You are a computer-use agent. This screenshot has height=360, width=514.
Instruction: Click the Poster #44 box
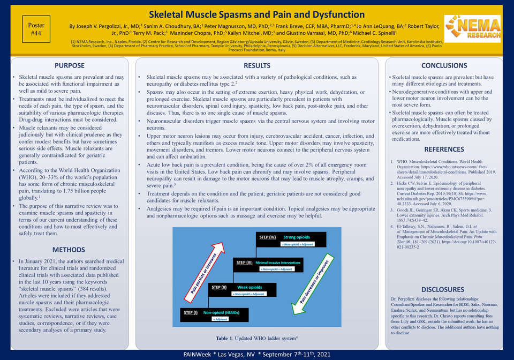tap(37, 29)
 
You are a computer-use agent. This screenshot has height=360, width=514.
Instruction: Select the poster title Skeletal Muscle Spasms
tap(256, 14)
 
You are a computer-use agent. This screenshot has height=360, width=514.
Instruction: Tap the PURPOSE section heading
tap(69, 66)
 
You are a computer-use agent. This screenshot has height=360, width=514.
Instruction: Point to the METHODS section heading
tap(69, 250)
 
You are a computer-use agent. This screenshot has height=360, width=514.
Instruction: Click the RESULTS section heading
tap(256, 66)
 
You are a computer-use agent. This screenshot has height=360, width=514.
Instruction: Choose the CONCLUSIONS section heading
tap(444, 66)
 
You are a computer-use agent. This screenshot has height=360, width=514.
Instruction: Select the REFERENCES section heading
tap(444, 149)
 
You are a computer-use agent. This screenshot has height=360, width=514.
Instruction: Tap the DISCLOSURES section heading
tap(444, 289)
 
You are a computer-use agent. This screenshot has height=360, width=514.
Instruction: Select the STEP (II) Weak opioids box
tap(241, 290)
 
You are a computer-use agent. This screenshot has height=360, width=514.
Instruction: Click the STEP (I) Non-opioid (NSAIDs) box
tap(215, 315)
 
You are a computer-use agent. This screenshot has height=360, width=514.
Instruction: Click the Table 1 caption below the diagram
tap(256, 339)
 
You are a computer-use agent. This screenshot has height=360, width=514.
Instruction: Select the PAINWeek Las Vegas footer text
tap(256, 355)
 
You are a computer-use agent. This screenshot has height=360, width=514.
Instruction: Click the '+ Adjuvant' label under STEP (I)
tap(220, 319)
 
